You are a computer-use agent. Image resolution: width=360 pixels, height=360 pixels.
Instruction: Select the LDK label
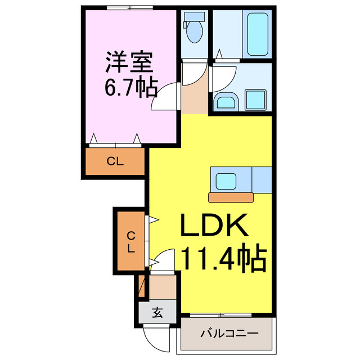(x=214, y=227)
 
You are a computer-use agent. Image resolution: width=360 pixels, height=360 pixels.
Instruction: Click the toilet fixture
(x=195, y=31)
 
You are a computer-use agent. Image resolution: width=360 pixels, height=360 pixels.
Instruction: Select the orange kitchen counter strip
(x=230, y=197)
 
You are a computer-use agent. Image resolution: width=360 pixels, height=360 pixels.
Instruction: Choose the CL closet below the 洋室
(x=115, y=162)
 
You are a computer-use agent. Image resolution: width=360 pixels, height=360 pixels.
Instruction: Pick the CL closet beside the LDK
(x=130, y=241)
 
